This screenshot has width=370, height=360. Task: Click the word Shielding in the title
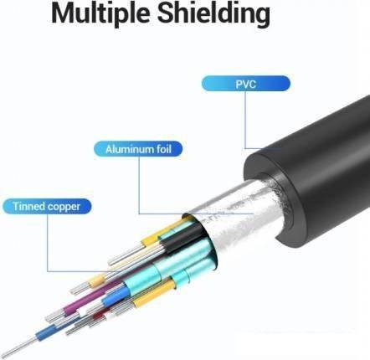click(x=213, y=14)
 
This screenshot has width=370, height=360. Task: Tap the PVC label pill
click(x=246, y=84)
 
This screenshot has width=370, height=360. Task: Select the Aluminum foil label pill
click(x=138, y=149)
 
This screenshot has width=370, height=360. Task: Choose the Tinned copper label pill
click(x=47, y=207)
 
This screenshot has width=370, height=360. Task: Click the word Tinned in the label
click(x=29, y=206)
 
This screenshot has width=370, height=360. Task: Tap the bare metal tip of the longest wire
click(x=19, y=346)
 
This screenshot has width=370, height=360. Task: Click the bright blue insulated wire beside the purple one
click(x=116, y=296)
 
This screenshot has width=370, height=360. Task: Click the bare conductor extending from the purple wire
click(x=55, y=315)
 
